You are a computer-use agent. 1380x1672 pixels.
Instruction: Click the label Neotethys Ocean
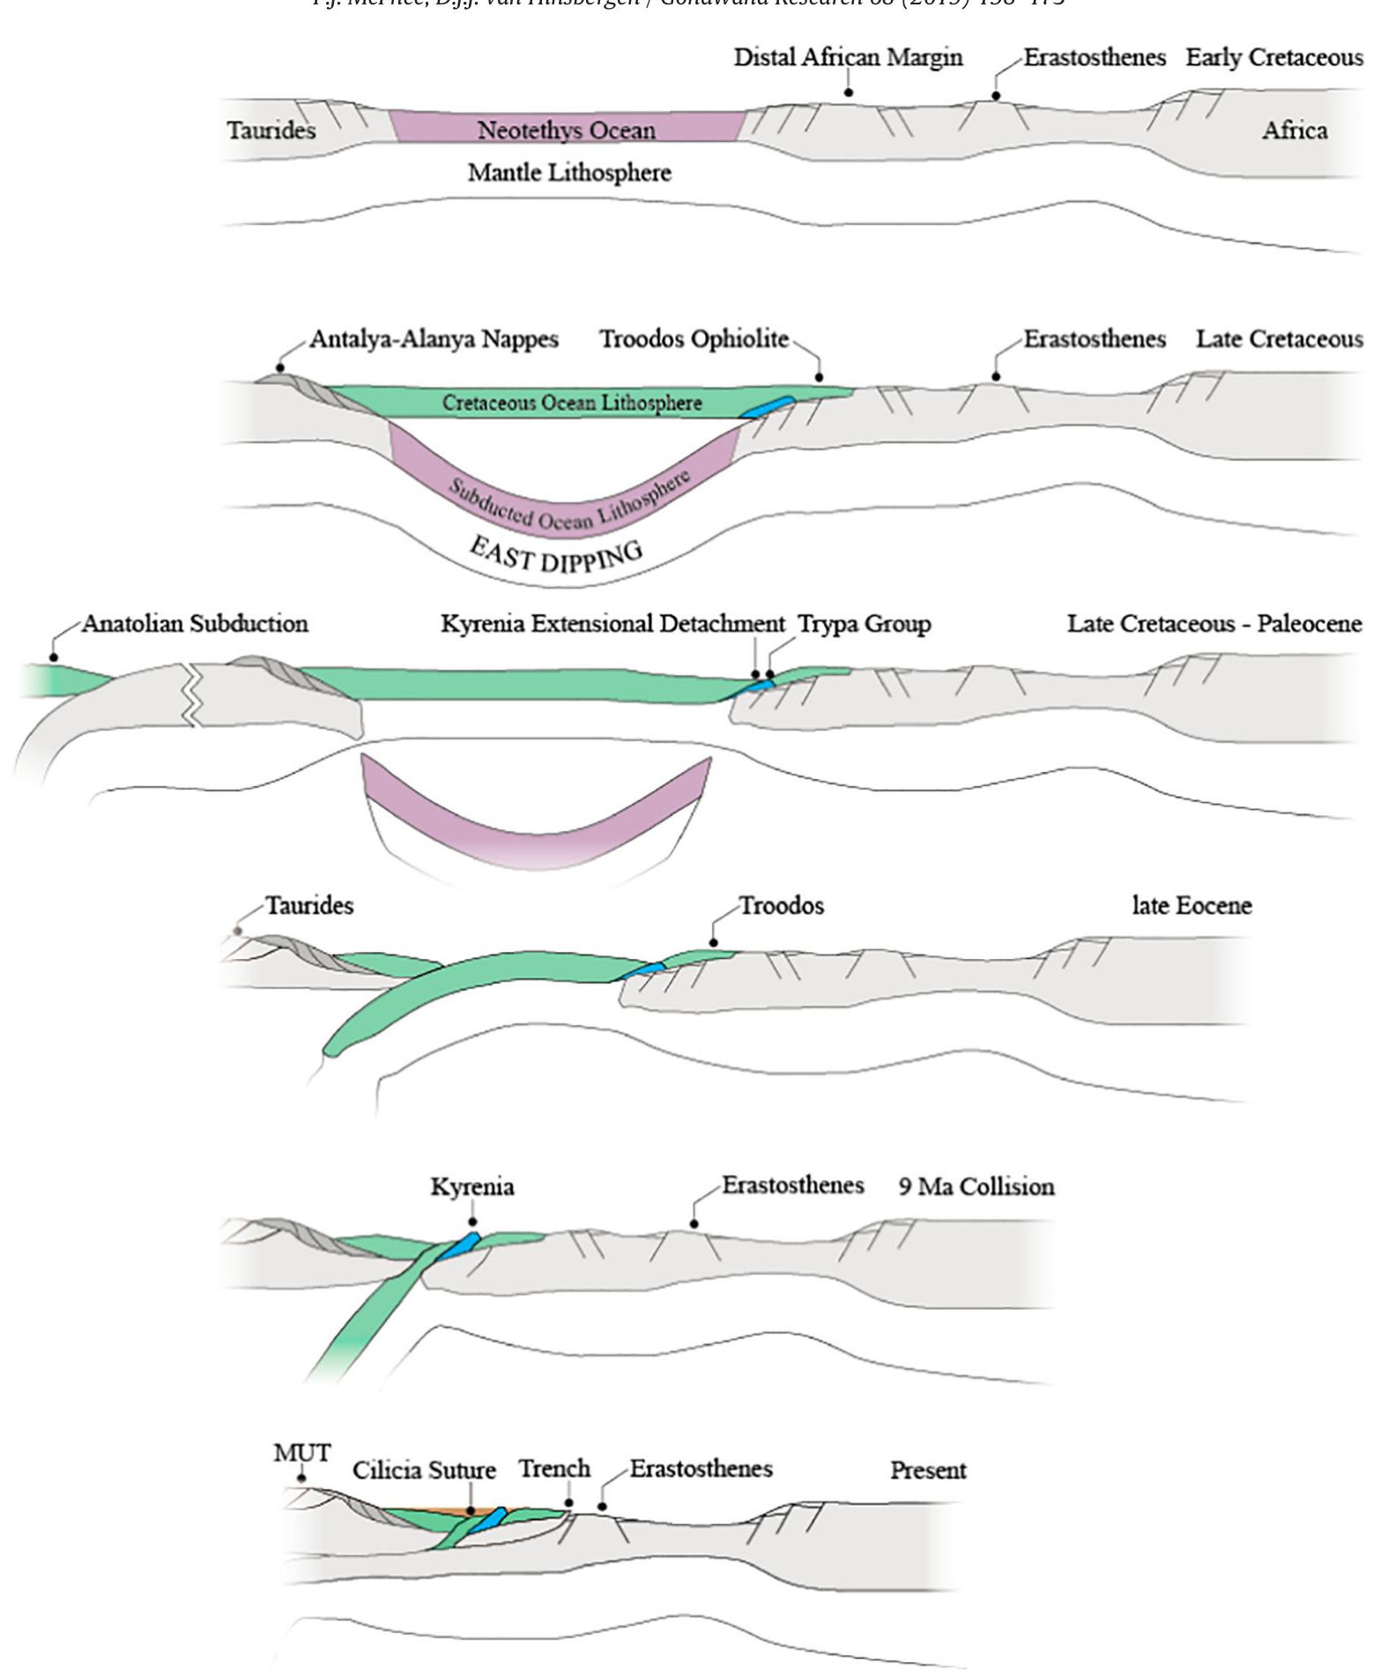coord(566,130)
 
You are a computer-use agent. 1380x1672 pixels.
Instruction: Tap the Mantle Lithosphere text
coord(569,172)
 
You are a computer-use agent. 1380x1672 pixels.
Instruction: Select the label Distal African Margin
coord(848,58)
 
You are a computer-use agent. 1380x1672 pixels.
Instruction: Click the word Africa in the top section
coord(1294,130)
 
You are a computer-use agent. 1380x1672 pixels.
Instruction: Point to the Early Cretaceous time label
coord(1273,58)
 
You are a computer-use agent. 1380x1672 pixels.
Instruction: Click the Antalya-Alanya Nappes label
coord(434,339)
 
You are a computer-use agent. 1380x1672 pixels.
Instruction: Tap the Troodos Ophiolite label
coord(694,339)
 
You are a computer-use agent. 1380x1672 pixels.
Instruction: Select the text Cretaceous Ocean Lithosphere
coord(572,403)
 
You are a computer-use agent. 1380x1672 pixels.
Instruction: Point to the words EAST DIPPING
coord(555,555)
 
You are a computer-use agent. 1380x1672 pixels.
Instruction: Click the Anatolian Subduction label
coord(195,624)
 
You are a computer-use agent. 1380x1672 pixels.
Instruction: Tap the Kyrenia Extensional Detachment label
coord(612,624)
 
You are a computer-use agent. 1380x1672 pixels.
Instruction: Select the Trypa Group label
coord(864,624)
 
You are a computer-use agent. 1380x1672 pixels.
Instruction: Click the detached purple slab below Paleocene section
coord(536,815)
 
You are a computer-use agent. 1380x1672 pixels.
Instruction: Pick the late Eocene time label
coord(1191,906)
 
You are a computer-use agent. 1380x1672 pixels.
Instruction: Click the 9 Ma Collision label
coord(976,1186)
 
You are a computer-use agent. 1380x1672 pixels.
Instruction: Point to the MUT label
coord(301,1453)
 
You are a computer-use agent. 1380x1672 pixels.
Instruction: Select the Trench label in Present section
coord(554,1469)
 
